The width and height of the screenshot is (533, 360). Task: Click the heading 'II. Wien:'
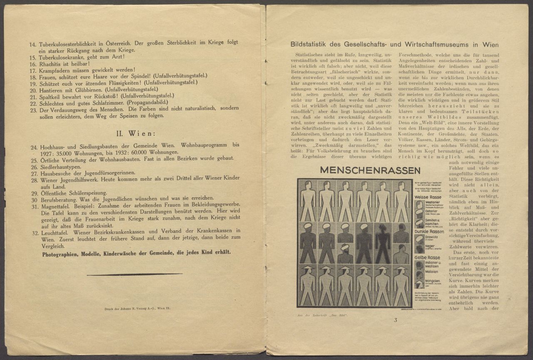tap(135, 134)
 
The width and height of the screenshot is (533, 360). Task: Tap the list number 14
tap(32, 43)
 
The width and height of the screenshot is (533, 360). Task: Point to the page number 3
tap(395, 320)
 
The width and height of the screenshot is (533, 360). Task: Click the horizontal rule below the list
tap(134, 274)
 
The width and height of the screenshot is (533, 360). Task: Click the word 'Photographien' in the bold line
tap(63, 252)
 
